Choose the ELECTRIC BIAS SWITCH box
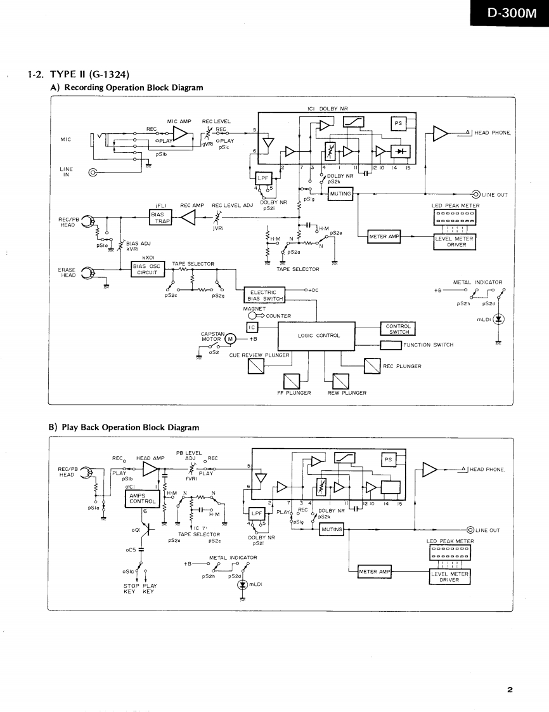tap(264, 296)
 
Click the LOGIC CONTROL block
tap(319, 335)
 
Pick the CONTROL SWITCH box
tap(399, 329)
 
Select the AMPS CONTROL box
tap(138, 498)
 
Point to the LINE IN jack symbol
tap(94, 172)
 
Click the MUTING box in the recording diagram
tap(340, 194)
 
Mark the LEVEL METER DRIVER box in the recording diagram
tap(454, 241)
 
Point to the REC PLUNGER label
tap(402, 366)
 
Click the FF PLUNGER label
tap(294, 393)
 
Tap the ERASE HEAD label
tap(67, 272)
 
